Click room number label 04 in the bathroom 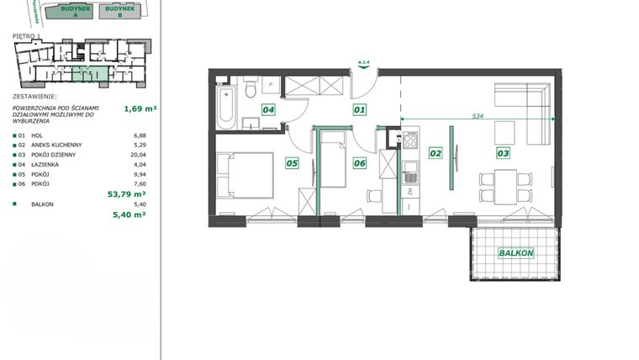tap(268, 109)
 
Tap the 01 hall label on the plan tap(359, 109)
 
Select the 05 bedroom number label tap(293, 163)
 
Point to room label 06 tap(359, 163)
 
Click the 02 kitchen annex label tap(435, 153)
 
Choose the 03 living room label tap(503, 153)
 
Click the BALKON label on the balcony tap(515, 252)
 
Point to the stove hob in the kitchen tap(409, 142)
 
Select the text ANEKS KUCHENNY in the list tap(57, 146)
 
